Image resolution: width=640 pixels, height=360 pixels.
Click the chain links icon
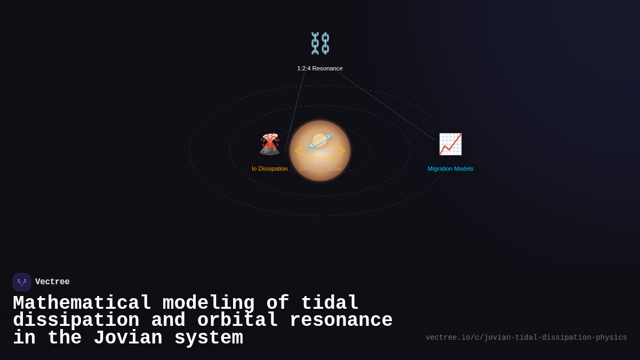point(320,43)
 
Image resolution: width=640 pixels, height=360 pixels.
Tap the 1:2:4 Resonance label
point(320,68)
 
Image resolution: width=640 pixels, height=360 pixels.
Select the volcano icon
point(270,144)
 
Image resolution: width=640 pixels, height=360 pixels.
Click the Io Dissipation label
point(270,169)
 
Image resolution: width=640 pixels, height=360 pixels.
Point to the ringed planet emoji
point(320,141)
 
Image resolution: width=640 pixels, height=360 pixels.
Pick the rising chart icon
point(450,144)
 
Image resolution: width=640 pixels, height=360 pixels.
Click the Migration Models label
point(450,169)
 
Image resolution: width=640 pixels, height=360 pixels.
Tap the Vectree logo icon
point(22,282)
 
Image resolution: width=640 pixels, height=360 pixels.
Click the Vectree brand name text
point(52,282)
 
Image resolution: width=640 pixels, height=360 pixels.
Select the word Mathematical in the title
point(82,303)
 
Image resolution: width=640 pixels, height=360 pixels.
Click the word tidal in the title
point(330,303)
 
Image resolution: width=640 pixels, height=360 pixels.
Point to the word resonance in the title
point(341,321)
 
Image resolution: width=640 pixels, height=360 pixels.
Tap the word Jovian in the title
point(128,338)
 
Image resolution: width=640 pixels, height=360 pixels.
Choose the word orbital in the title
point(237,321)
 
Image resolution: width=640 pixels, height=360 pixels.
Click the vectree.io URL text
point(526,338)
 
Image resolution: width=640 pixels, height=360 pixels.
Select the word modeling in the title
point(209,303)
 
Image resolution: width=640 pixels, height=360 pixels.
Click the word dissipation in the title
point(76,321)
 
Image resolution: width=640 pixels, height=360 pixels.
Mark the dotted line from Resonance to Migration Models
point(387,106)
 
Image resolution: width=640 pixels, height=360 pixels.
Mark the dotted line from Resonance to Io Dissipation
point(295,111)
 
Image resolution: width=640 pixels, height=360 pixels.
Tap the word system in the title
point(209,338)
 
